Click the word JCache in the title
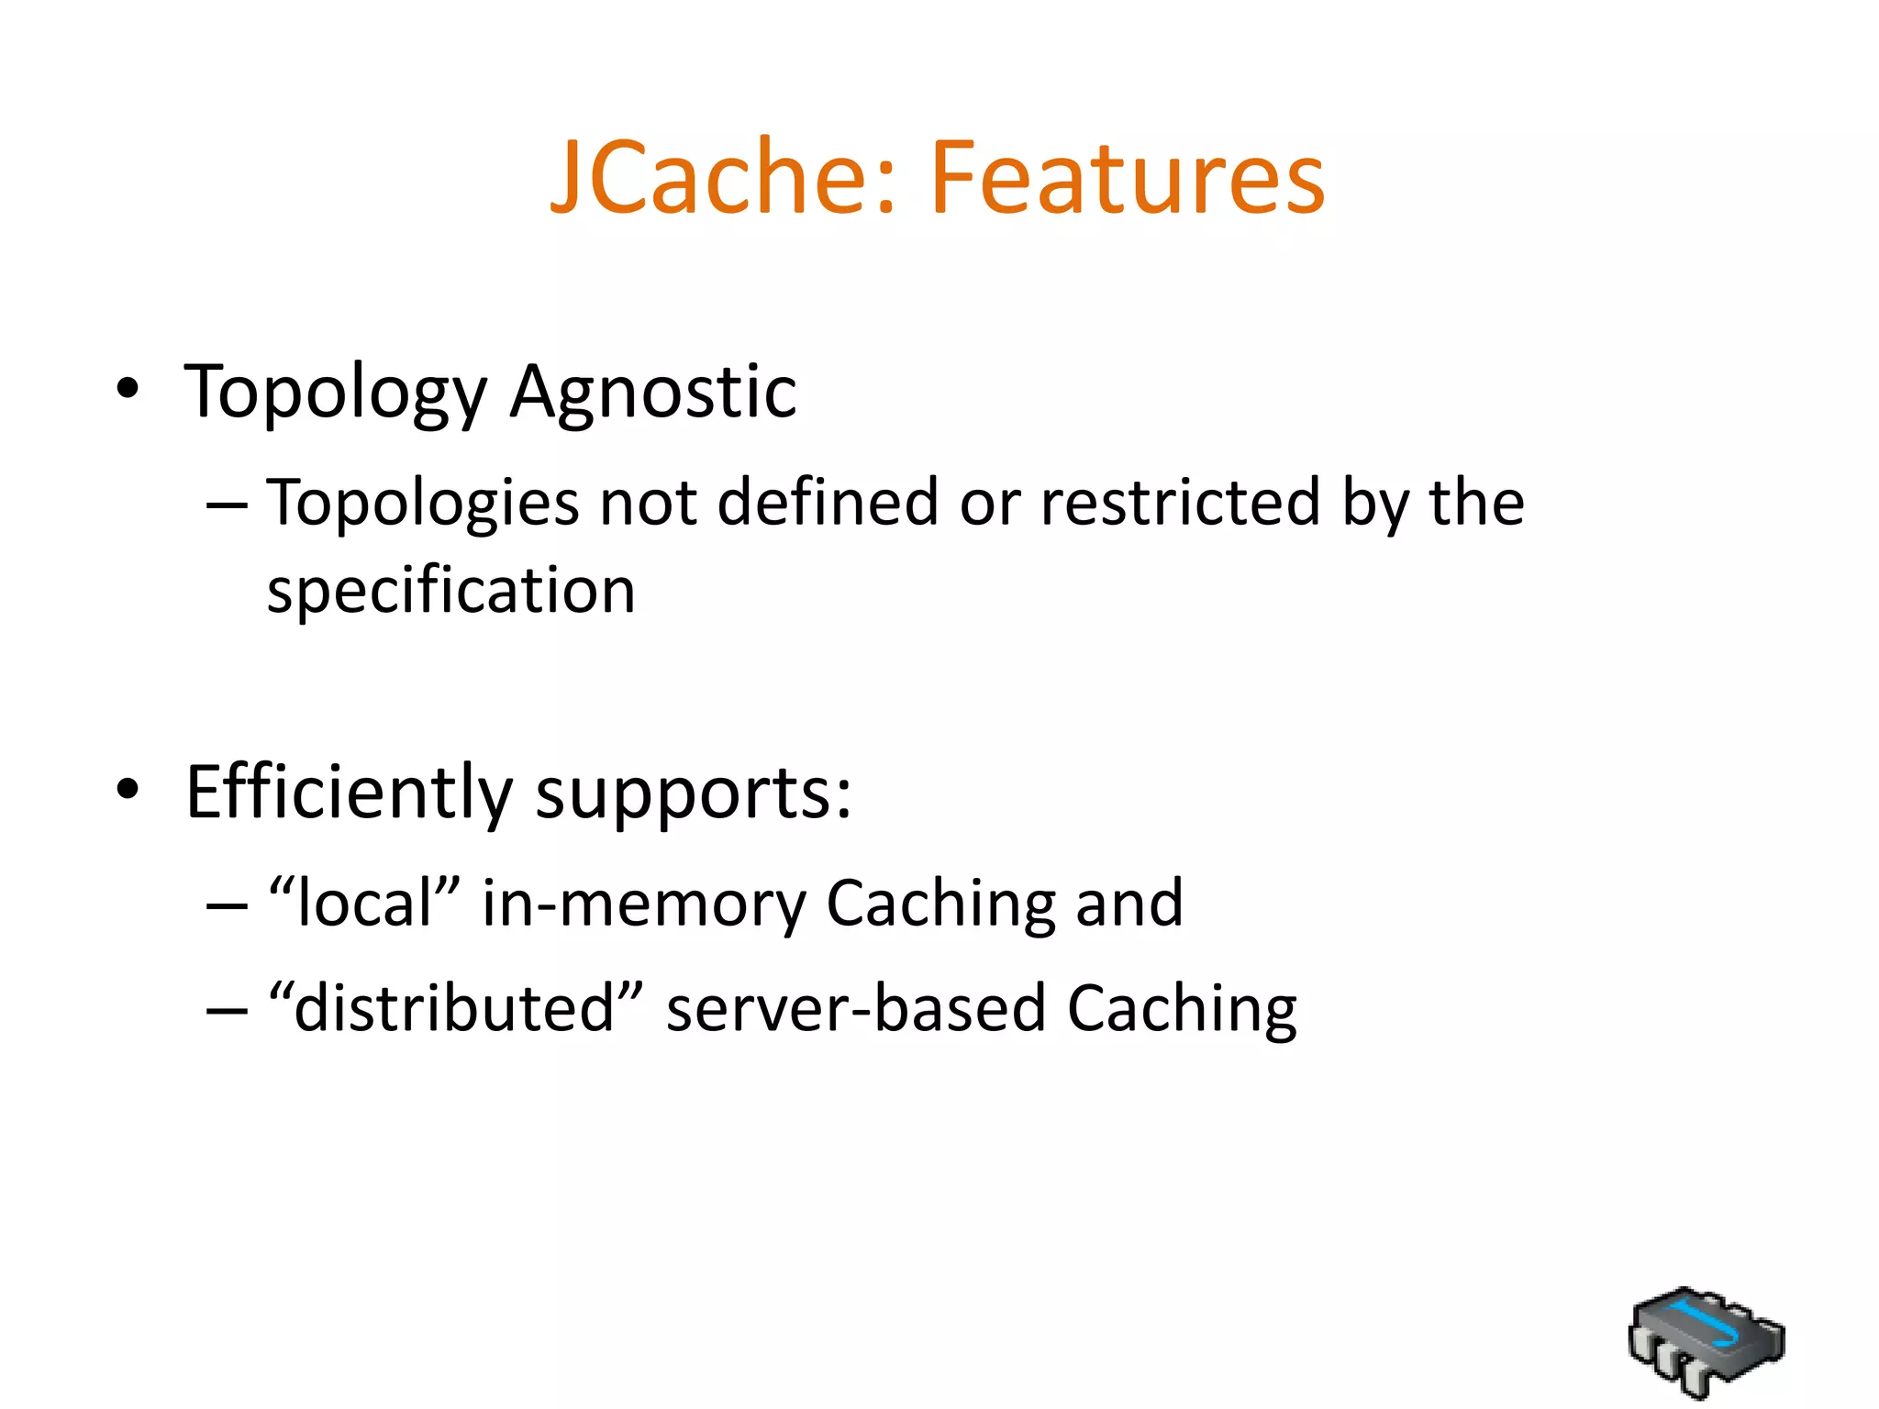coord(721,177)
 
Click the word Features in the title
coord(1128,177)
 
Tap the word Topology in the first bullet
coord(336,393)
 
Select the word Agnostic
coord(653,393)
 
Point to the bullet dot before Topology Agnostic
coord(128,389)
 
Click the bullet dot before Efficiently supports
coord(128,789)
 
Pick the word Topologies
coord(423,503)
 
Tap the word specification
coord(450,590)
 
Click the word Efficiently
coord(349,793)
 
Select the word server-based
coord(856,1007)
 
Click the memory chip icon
coord(1706,1340)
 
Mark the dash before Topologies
coord(227,505)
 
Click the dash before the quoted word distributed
coord(227,1010)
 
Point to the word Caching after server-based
coord(1182,1009)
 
